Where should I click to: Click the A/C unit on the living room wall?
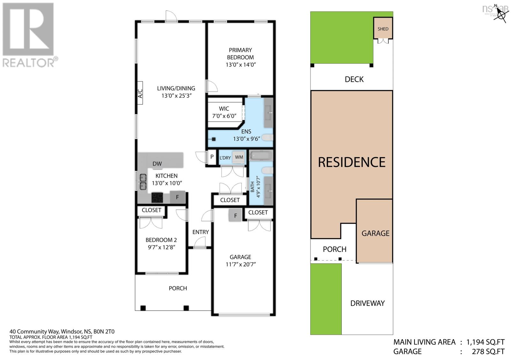click(140, 93)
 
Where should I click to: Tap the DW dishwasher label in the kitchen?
click(157, 164)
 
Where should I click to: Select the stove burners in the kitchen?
click(157, 198)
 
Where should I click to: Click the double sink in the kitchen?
click(142, 181)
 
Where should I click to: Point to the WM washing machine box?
click(239, 157)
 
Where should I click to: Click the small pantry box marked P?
click(212, 157)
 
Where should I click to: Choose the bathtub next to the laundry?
click(261, 156)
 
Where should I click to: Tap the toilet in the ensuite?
click(268, 138)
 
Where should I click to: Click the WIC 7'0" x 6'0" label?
click(224, 112)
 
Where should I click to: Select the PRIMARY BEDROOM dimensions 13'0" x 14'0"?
click(241, 65)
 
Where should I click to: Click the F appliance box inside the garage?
click(235, 216)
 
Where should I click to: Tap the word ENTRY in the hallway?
click(201, 232)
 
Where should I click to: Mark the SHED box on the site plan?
click(383, 28)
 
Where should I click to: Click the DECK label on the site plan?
click(354, 79)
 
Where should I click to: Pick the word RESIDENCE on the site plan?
click(352, 162)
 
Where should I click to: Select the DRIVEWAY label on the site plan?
click(367, 303)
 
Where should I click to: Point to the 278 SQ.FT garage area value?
click(488, 352)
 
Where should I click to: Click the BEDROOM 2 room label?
click(161, 240)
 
